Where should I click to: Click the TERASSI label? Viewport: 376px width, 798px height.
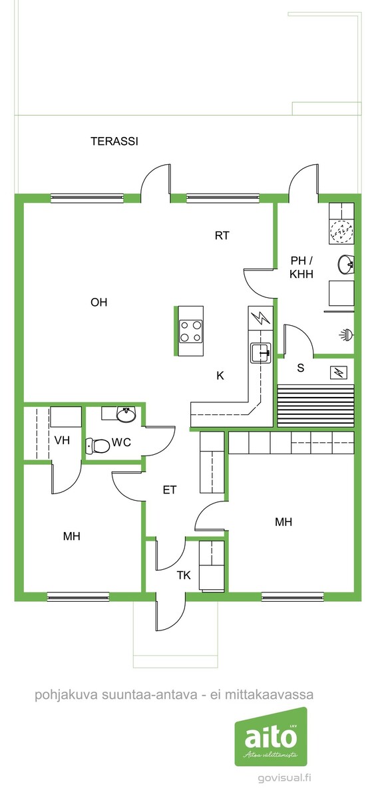[x=114, y=142]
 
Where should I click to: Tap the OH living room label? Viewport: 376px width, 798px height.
[x=98, y=302]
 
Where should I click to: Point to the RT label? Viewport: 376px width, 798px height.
[x=222, y=235]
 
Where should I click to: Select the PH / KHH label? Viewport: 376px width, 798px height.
[x=301, y=267]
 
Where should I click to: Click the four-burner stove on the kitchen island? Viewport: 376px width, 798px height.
[x=191, y=331]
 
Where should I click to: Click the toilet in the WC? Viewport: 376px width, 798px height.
[x=98, y=446]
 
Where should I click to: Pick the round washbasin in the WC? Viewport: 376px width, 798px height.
[x=126, y=415]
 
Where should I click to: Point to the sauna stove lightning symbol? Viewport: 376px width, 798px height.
[x=338, y=372]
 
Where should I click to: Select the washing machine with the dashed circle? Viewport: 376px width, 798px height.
[x=341, y=231]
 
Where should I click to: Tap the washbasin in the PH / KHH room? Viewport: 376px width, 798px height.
[x=345, y=265]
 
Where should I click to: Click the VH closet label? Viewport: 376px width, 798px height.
[x=62, y=440]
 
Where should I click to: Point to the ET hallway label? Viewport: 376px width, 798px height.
[x=170, y=490]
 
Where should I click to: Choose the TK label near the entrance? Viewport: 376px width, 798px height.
[x=184, y=575]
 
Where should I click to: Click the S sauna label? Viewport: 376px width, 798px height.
[x=301, y=368]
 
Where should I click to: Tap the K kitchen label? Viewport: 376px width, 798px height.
[x=220, y=376]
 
